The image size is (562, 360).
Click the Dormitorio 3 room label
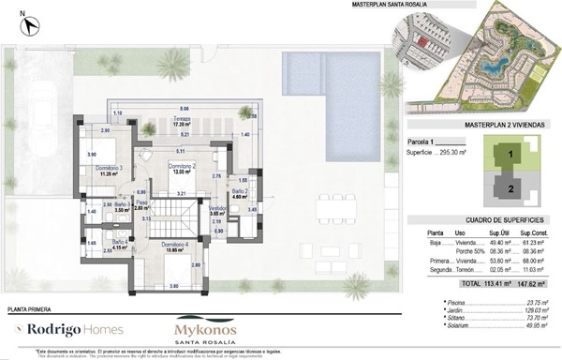(110, 168)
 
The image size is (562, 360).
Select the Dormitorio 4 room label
(173, 246)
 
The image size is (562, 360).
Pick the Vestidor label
(217, 209)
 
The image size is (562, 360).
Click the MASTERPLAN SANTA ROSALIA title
(364, 6)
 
